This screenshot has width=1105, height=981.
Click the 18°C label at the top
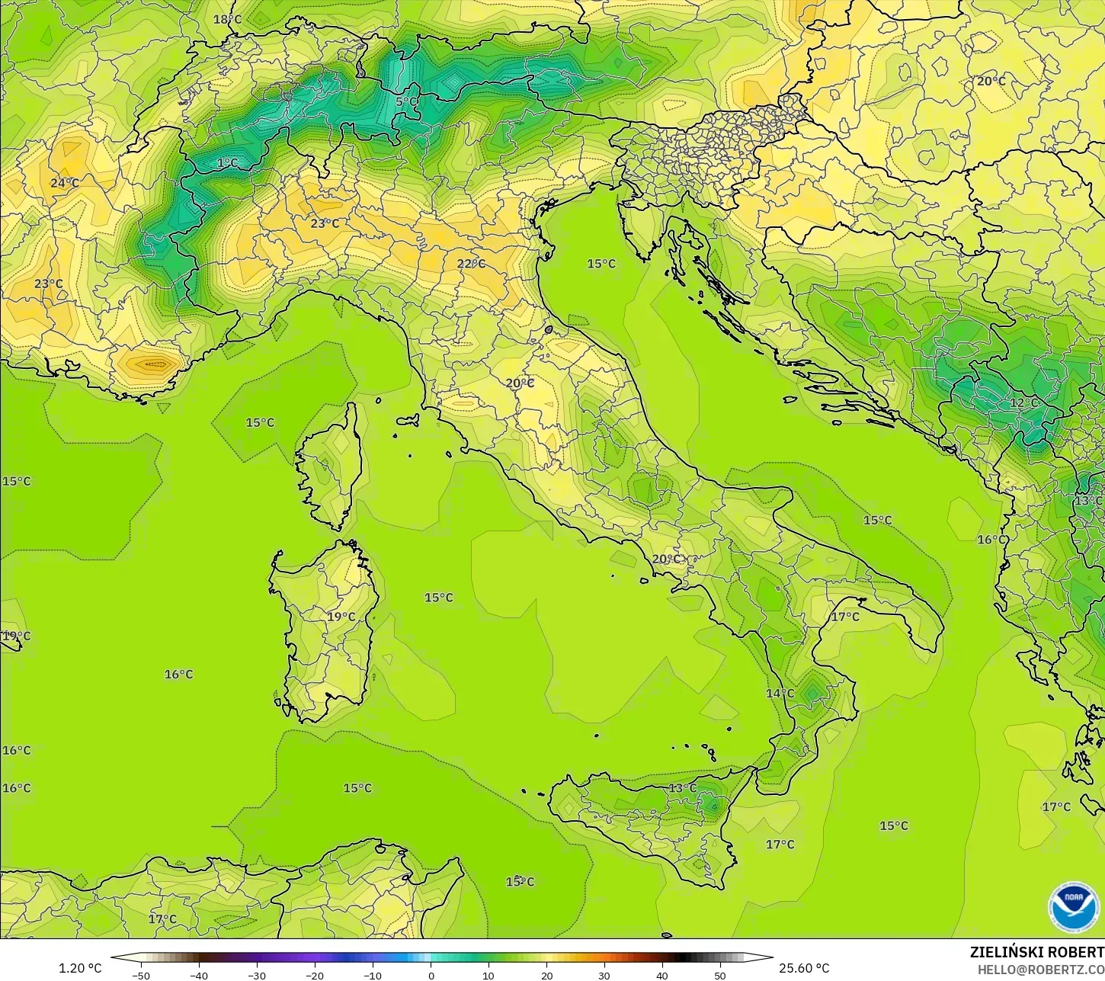(x=227, y=19)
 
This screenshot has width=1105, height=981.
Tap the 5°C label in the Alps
(x=406, y=101)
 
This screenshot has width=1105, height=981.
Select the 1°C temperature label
(x=227, y=162)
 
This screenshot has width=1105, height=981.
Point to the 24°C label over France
(x=64, y=183)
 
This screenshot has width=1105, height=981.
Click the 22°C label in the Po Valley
(x=470, y=264)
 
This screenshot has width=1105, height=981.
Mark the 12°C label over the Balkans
(x=1023, y=402)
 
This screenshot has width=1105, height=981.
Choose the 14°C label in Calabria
(x=780, y=693)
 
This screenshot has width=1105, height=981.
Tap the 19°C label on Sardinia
(x=341, y=617)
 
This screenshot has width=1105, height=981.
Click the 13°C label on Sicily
(x=682, y=787)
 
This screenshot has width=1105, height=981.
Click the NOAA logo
(x=1073, y=907)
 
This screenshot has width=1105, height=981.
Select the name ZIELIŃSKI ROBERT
(x=1036, y=952)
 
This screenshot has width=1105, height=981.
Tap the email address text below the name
(x=1041, y=969)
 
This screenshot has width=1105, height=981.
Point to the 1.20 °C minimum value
(x=80, y=968)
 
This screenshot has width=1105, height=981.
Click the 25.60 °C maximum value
(x=804, y=968)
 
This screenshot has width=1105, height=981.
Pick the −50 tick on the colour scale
(x=140, y=975)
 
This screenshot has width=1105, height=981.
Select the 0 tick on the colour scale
(x=431, y=975)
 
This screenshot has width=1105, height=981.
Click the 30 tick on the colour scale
(x=604, y=975)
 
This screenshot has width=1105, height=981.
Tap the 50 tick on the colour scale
(x=719, y=975)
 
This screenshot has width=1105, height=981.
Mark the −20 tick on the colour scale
(x=314, y=975)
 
